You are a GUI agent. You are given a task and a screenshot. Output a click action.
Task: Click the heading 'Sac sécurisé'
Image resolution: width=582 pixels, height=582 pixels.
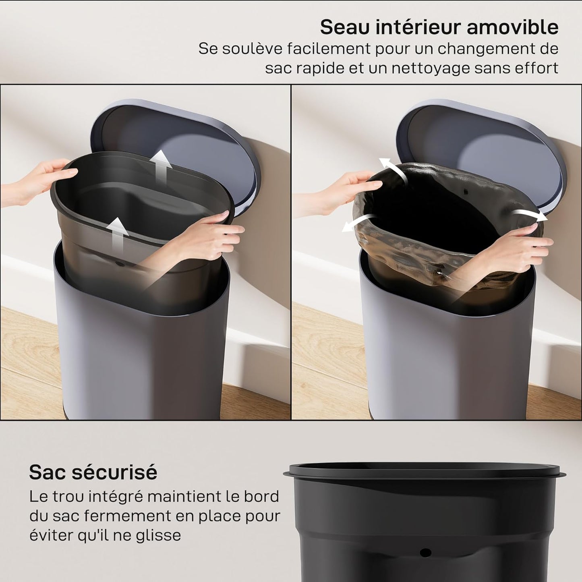(93, 472)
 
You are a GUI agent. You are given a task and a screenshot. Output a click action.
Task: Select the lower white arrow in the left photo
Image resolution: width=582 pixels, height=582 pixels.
(118, 233)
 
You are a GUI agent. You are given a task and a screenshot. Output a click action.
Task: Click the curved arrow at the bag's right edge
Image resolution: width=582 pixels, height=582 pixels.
(531, 214)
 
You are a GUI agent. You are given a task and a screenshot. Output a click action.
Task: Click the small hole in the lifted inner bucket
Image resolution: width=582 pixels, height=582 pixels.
(120, 264)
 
